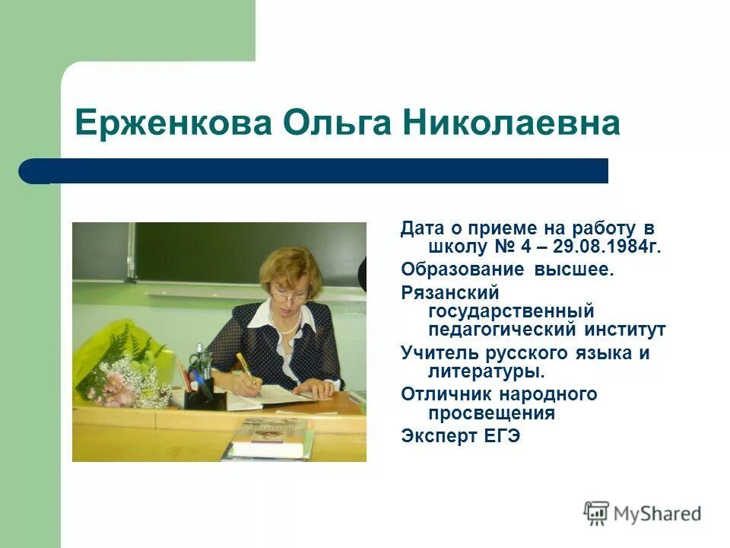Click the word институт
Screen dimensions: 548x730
[626, 330]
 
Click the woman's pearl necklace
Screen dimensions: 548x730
[288, 325]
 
